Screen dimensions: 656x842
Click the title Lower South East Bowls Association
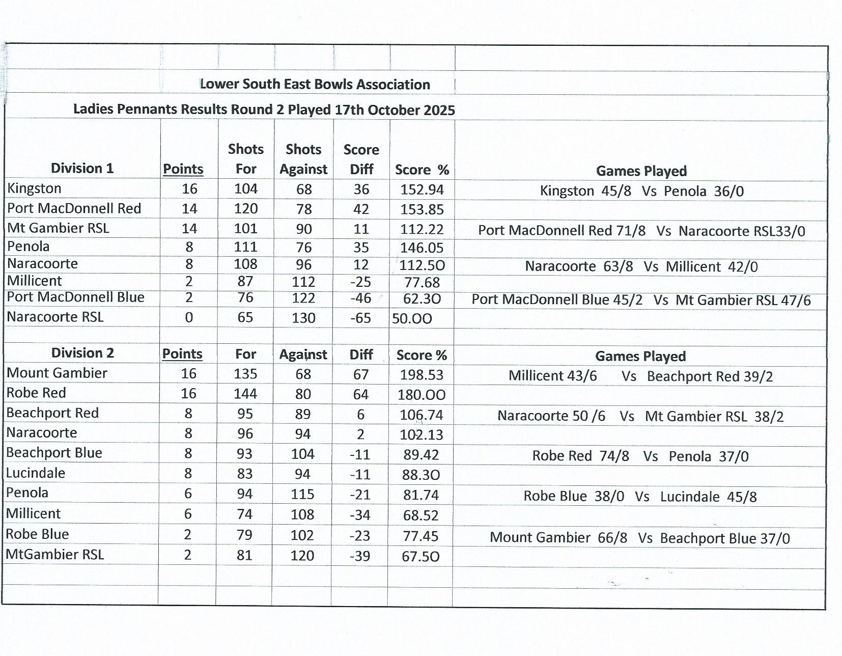pyautogui.click(x=315, y=85)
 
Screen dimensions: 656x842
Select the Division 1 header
pyautogui.click(x=82, y=169)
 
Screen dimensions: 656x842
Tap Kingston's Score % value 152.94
pyautogui.click(x=422, y=189)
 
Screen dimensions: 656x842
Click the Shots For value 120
pyautogui.click(x=246, y=209)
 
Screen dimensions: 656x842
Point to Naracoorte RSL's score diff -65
pyautogui.click(x=360, y=318)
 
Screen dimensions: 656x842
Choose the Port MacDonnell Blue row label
pyautogui.click(x=75, y=297)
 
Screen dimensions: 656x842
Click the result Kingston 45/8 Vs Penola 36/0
pyautogui.click(x=641, y=192)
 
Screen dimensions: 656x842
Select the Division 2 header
pyautogui.click(x=82, y=353)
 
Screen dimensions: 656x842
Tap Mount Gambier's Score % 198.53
pyautogui.click(x=422, y=375)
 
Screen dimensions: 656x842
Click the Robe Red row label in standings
pyautogui.click(x=36, y=393)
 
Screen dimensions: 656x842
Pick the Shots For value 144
pyautogui.click(x=245, y=394)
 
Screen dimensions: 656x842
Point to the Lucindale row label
pyautogui.click(x=36, y=473)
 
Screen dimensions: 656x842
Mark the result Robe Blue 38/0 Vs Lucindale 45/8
pyautogui.click(x=640, y=497)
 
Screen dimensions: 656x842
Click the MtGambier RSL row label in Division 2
pyautogui.click(x=55, y=554)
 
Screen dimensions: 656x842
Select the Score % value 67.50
pyautogui.click(x=420, y=556)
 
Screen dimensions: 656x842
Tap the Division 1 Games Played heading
pyautogui.click(x=641, y=171)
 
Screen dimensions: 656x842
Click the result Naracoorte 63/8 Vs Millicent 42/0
pyautogui.click(x=641, y=267)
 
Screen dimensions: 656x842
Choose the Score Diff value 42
pyautogui.click(x=361, y=209)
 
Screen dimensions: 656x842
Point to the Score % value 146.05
pyautogui.click(x=422, y=248)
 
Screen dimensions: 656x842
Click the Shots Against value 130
pyautogui.click(x=303, y=318)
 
